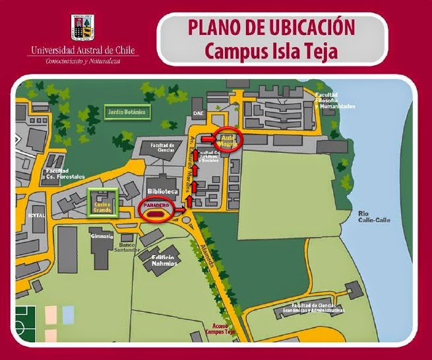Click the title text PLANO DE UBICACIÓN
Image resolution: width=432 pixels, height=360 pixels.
tap(272, 28)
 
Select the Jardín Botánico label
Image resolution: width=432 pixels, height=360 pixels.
tap(128, 113)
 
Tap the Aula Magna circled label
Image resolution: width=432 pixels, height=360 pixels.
tap(229, 139)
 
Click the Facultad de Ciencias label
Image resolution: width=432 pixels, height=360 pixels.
tap(162, 147)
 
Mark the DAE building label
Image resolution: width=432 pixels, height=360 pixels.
tap(198, 114)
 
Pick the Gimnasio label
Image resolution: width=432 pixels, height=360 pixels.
tap(102, 235)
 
